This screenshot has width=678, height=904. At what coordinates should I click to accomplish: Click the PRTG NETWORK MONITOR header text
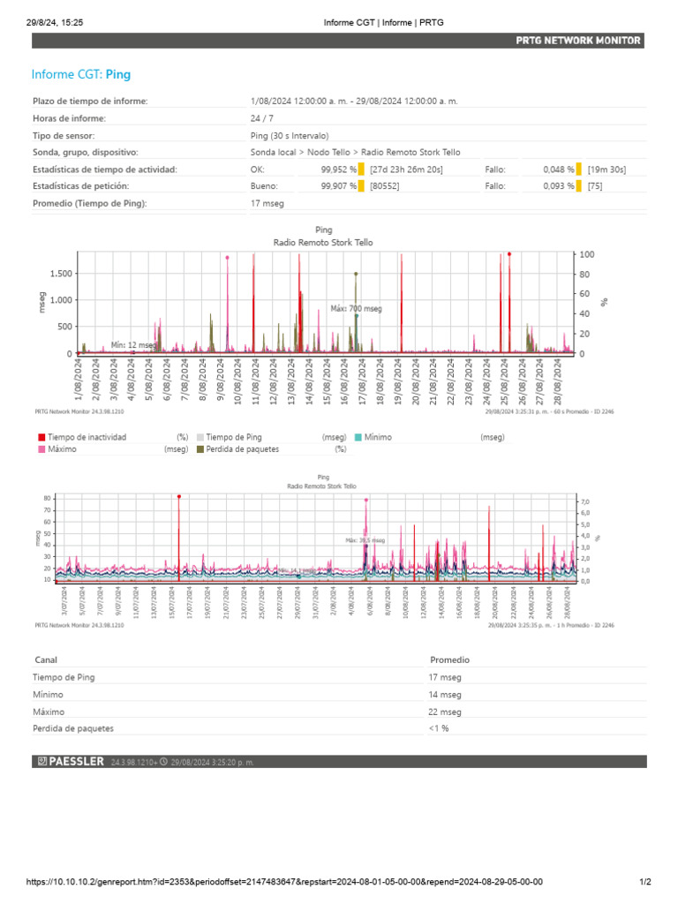[578, 41]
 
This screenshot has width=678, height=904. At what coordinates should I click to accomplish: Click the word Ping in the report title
[118, 75]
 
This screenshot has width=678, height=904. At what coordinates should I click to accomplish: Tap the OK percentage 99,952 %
[339, 169]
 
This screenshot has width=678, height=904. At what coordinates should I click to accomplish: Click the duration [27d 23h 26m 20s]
[407, 169]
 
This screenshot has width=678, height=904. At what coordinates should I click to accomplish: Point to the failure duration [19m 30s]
[606, 169]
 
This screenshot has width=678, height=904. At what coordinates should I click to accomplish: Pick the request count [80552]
[385, 186]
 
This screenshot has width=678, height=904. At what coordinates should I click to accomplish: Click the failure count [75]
[594, 186]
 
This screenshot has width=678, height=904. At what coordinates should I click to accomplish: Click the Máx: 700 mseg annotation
[357, 309]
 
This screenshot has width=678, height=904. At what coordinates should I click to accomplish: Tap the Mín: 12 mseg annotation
[133, 345]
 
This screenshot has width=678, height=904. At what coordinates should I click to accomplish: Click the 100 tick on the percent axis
[586, 255]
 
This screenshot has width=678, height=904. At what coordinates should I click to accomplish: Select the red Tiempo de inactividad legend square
[41, 437]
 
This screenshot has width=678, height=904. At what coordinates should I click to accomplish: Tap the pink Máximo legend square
[41, 449]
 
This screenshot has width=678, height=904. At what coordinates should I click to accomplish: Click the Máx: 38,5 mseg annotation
[365, 539]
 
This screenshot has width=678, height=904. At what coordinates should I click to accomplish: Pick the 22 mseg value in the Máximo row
[445, 712]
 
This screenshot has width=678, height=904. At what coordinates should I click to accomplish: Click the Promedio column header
[449, 659]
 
